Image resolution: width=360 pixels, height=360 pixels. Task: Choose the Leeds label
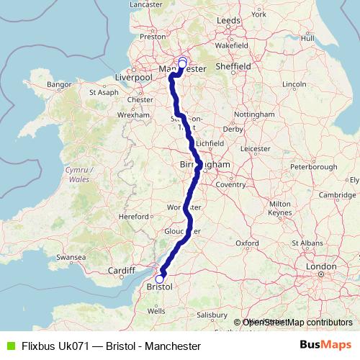pyautogui.click(x=228, y=21)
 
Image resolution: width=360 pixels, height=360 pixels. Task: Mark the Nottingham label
pyautogui.click(x=254, y=114)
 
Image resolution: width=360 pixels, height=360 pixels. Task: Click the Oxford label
pyautogui.click(x=247, y=243)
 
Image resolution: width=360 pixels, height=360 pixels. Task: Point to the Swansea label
pyautogui.click(x=72, y=256)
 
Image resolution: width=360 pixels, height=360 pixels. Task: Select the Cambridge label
pyautogui.click(x=338, y=194)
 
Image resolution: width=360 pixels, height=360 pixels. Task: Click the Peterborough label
pyautogui.click(x=314, y=166)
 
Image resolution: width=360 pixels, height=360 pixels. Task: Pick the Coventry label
pyautogui.click(x=230, y=184)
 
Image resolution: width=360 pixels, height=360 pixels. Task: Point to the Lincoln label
pyautogui.click(x=294, y=84)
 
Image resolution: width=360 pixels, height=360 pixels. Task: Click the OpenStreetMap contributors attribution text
pyautogui.click(x=297, y=323)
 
